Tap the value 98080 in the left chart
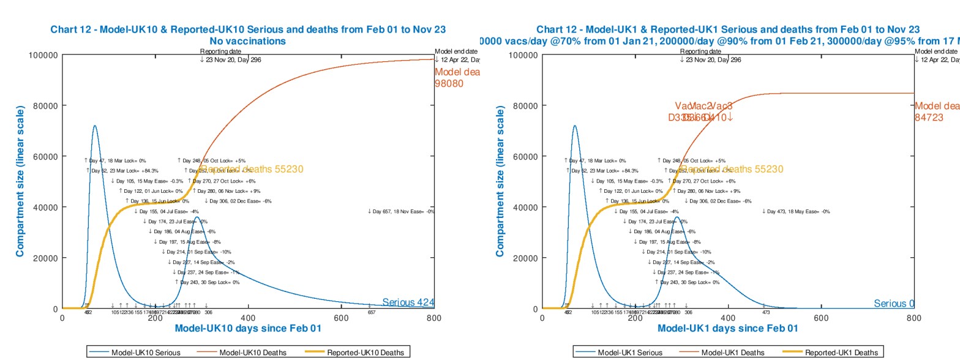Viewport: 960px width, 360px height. click(x=449, y=83)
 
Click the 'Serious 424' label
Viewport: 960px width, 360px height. click(x=408, y=302)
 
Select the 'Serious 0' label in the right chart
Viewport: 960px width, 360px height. click(x=894, y=304)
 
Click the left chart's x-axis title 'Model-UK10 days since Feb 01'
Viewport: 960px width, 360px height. click(x=247, y=328)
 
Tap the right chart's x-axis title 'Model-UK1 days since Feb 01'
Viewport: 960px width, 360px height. click(x=727, y=328)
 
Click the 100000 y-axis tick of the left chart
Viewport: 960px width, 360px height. click(x=43, y=55)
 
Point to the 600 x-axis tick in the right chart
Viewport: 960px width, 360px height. click(x=821, y=318)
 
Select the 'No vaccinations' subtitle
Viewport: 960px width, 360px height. click(x=247, y=41)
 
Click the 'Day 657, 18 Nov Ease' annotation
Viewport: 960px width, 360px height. click(x=401, y=211)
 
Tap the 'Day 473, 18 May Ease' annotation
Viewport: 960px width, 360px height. click(x=795, y=211)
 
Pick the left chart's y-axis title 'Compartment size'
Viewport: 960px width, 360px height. click(x=20, y=181)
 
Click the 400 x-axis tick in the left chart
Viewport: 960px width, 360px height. click(x=248, y=318)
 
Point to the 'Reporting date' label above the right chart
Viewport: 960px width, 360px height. click(x=700, y=52)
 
